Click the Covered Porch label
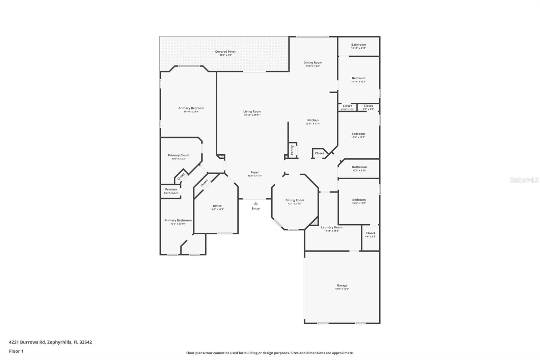tap(226, 52)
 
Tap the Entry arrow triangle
tap(256, 203)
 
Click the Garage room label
tap(342, 285)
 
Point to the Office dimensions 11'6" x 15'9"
tap(217, 209)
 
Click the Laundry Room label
tap(331, 227)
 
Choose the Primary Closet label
tap(179, 155)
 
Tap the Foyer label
tap(255, 172)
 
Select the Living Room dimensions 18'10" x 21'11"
tap(252, 115)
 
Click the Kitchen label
tap(313, 120)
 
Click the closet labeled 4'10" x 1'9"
tap(347, 107)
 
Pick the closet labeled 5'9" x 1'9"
tap(368, 107)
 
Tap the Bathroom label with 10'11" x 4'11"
tap(358, 45)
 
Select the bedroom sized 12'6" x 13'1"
tap(358, 134)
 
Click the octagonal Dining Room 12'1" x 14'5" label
tap(295, 200)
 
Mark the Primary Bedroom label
tap(191, 108)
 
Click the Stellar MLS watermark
tap(524, 180)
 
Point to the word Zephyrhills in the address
tap(59, 342)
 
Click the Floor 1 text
tap(16, 351)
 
